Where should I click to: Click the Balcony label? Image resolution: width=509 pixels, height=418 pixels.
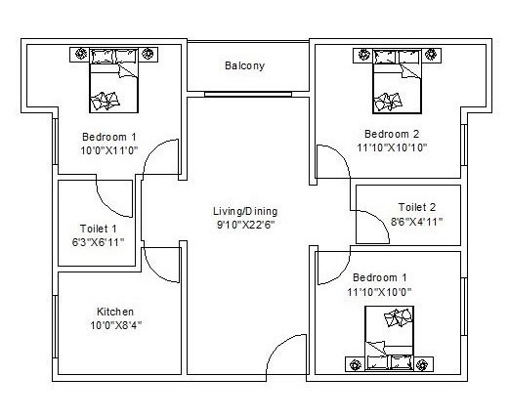point(244,66)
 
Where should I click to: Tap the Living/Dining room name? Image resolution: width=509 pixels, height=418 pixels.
point(246,211)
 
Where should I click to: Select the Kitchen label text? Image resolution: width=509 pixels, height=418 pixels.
point(115,312)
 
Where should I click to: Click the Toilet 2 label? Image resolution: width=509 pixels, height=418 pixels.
point(417,206)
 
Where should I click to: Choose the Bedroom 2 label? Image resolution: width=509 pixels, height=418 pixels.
point(392,134)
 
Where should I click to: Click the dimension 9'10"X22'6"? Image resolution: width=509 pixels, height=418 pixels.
point(246,225)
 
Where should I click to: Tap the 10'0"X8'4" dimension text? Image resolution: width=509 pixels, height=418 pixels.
point(115,325)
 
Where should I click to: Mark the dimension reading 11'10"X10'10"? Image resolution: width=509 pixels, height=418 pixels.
point(392,147)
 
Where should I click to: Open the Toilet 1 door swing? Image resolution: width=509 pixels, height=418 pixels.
point(119,201)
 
